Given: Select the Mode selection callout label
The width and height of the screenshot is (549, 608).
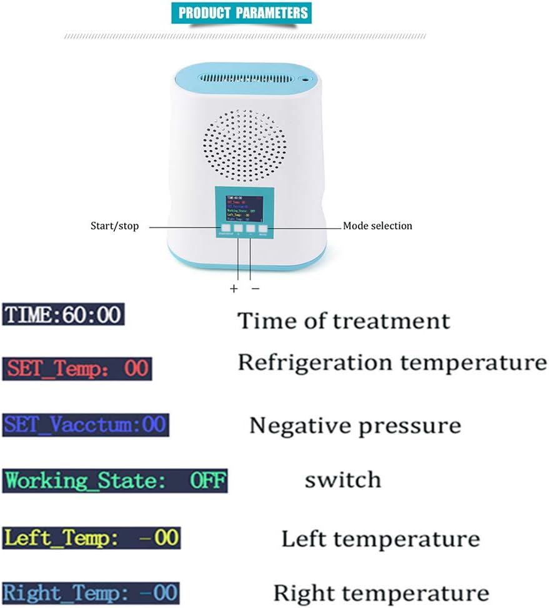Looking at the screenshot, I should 378,226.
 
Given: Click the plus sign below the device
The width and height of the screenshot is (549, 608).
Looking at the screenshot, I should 234,288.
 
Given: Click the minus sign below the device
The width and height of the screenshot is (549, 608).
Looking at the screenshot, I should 255,288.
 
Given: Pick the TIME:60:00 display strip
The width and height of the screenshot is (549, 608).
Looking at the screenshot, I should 63,314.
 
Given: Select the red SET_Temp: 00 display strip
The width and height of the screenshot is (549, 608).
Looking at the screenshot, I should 77,369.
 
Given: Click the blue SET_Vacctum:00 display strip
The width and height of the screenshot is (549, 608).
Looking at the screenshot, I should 86,425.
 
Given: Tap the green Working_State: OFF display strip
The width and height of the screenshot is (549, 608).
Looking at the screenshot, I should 114,481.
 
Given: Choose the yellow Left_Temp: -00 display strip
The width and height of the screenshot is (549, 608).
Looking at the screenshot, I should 91,537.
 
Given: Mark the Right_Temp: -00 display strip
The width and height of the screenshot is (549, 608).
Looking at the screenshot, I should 91,592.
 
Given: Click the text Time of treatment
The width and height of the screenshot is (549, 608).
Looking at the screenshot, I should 344,321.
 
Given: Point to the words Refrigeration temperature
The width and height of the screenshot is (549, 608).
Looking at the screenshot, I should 392,362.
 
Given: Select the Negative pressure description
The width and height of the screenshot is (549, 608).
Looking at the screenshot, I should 355,426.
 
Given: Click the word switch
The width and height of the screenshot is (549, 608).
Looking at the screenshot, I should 342,480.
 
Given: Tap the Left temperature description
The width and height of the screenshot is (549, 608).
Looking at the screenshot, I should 380,539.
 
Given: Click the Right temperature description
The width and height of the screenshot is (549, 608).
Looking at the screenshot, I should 381,592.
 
